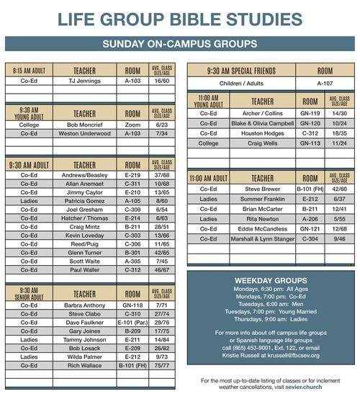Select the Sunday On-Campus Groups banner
180,44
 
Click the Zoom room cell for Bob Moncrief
132,124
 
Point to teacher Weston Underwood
84,133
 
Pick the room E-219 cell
132,175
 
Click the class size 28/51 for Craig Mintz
161,226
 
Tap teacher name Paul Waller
84,269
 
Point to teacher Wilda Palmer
84,357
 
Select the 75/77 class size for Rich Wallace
161,366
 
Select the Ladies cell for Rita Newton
208,219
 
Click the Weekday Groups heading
271,280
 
